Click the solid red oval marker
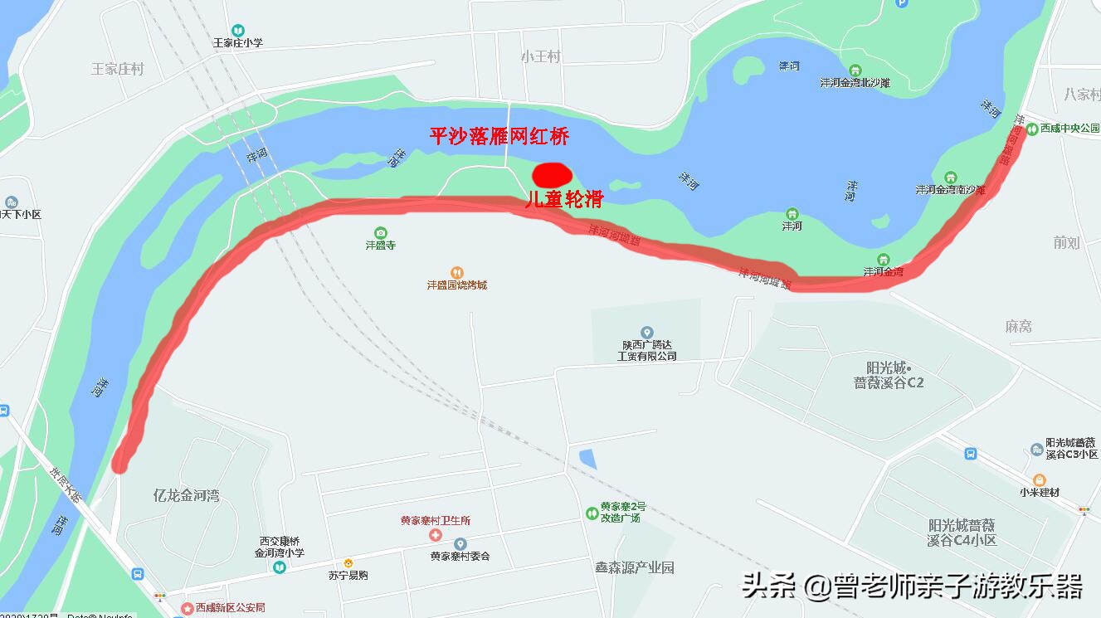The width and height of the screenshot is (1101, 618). (552, 174)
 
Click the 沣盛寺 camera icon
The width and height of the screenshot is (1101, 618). (381, 232)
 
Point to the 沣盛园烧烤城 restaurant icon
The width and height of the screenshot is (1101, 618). (456, 272)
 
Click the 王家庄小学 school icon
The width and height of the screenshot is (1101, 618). (238, 30)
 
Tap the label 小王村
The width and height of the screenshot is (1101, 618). (541, 56)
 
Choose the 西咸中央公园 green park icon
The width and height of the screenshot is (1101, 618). (1032, 129)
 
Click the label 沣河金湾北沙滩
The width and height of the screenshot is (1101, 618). (855, 83)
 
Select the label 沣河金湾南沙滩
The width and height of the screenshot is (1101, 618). (950, 190)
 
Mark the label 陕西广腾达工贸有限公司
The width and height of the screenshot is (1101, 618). (647, 350)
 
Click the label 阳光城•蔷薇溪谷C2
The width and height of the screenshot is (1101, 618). (889, 375)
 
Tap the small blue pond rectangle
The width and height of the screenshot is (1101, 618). (587, 459)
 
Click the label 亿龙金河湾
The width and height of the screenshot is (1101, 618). (187, 495)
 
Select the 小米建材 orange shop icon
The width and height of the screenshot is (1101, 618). (1039, 479)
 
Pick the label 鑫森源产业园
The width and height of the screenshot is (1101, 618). (635, 568)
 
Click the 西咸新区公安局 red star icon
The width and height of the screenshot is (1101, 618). (188, 609)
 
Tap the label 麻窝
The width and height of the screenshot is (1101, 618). (1018, 327)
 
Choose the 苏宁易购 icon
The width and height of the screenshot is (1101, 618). (348, 563)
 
